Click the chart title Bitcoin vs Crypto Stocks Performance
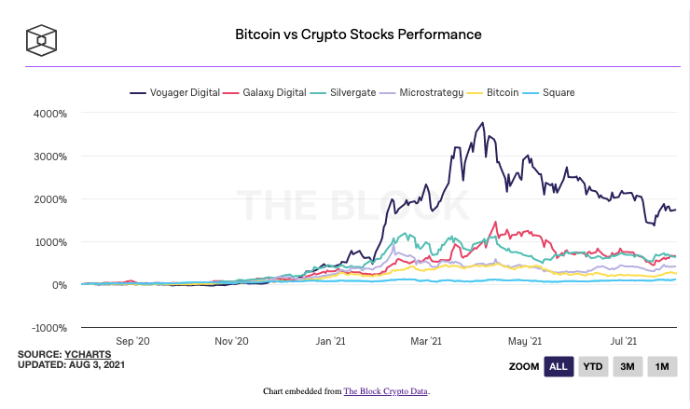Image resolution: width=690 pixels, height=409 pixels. pos(358,34)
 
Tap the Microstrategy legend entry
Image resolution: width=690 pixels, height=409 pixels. pos(427,93)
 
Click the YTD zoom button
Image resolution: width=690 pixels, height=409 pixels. pos(592,366)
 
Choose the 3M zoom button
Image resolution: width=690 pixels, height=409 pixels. pos(628,366)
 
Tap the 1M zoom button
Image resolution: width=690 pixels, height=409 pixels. pos(662,366)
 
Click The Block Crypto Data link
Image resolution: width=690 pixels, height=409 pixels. pos(386,391)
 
